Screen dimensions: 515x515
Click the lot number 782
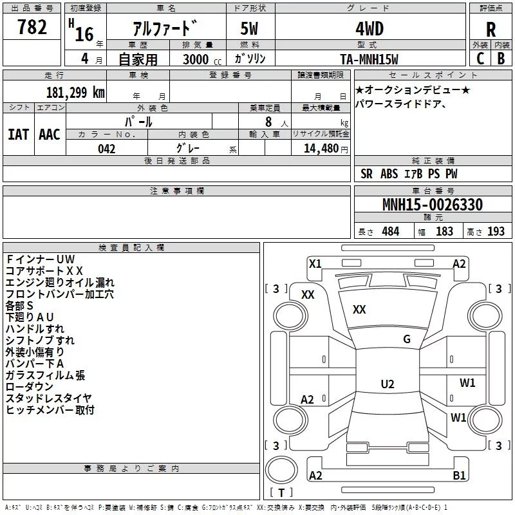32,27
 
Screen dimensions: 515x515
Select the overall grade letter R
491,30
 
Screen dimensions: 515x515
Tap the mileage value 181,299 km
75,93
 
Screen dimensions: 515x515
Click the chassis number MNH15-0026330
433,205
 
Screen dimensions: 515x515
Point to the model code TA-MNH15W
369,59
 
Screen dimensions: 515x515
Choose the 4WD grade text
370,29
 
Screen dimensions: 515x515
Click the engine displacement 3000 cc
202,60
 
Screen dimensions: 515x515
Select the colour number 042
106,149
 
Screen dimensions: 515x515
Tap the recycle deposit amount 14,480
321,149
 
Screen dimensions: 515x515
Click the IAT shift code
19,135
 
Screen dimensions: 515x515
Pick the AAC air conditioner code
50,135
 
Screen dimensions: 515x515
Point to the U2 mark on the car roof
388,384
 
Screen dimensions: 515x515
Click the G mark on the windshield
407,339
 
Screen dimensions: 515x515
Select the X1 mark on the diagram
315,264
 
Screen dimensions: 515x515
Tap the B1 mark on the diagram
459,475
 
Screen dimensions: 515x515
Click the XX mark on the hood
359,310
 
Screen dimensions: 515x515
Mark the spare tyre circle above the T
281,470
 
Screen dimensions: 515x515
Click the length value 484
391,231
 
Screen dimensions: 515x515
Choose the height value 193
496,231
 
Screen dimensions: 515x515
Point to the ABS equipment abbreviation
389,174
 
